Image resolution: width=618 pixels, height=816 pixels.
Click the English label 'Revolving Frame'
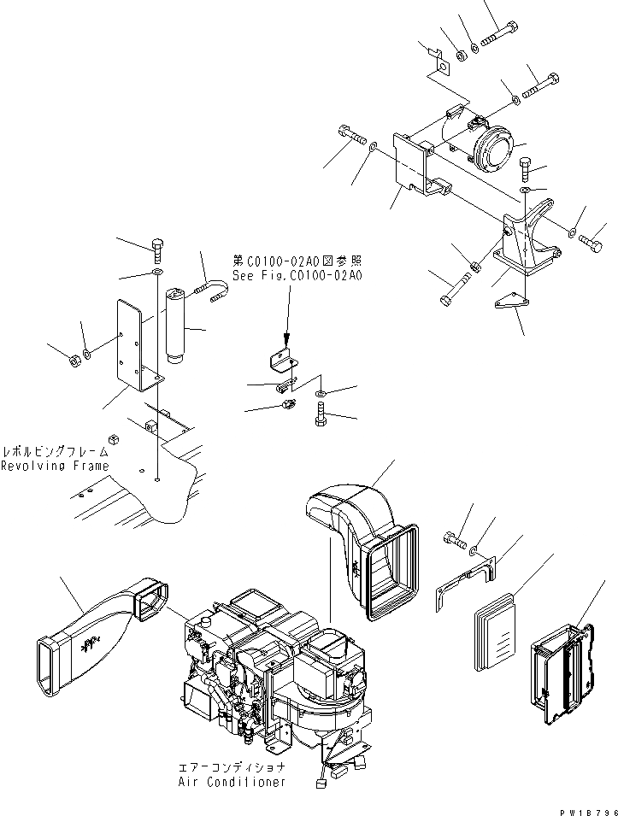(x=55, y=466)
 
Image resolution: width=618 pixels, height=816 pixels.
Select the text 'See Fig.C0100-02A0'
(x=297, y=276)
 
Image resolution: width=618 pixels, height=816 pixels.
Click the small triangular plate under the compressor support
(x=511, y=302)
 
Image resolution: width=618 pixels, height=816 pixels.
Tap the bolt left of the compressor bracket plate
(x=351, y=135)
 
